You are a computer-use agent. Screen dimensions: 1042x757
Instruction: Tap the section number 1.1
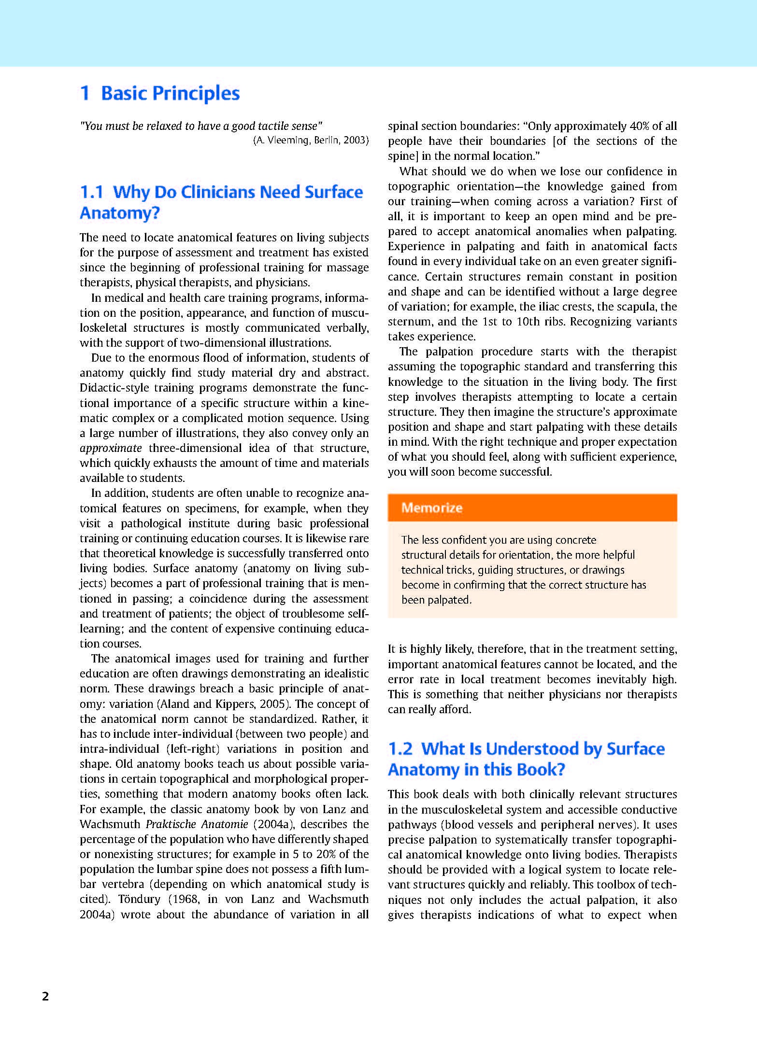(92, 192)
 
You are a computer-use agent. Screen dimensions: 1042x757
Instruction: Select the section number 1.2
(400, 749)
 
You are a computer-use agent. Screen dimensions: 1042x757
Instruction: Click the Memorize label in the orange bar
(432, 507)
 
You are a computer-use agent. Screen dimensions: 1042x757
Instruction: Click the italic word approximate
(111, 448)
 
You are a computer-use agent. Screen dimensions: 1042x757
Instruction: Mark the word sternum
(407, 322)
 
